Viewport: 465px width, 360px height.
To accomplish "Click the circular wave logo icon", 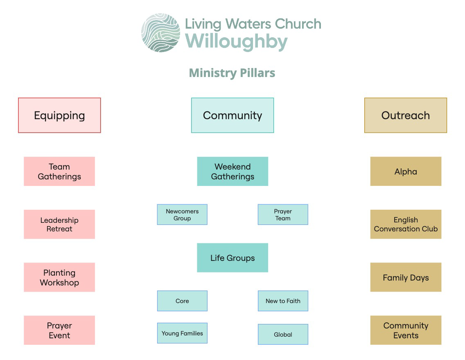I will [160, 33].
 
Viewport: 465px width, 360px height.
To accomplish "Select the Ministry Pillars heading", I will [232, 73].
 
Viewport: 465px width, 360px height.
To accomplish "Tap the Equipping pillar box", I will [59, 115].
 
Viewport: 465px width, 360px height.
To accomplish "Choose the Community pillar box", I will [232, 115].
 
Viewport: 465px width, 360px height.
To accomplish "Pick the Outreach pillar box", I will [406, 115].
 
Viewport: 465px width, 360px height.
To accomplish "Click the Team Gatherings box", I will [59, 172].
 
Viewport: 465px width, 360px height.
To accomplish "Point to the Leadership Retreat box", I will [59, 224].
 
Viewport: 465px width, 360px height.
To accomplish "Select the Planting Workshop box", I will [59, 278].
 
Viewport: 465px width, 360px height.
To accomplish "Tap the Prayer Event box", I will [59, 331].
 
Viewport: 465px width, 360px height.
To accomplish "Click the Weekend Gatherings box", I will [232, 172].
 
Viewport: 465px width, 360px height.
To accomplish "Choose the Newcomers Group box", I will [182, 215].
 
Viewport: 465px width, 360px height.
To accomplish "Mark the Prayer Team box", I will [283, 215].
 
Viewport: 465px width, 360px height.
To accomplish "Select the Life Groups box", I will [232, 258].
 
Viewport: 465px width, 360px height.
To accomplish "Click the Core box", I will [182, 301].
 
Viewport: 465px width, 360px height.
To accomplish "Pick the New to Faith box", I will [283, 301].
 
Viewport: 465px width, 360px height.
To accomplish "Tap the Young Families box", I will [182, 333].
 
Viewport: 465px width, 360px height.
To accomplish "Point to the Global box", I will [283, 335].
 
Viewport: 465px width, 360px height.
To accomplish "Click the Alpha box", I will [406, 172].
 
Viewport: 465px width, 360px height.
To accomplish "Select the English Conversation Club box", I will [406, 224].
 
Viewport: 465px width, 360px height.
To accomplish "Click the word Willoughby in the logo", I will [237, 42].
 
